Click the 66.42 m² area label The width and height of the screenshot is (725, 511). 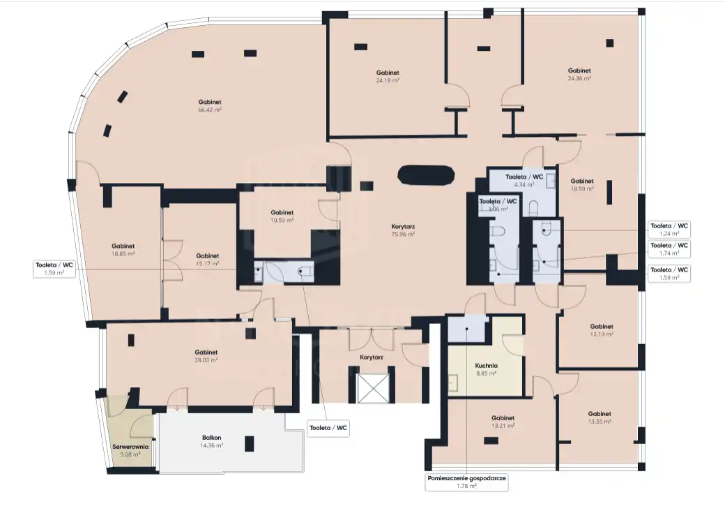pyautogui.click(x=209, y=110)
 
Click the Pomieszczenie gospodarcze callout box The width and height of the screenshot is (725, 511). pyautogui.click(x=466, y=482)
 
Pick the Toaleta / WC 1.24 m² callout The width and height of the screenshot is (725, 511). pyautogui.click(x=669, y=230)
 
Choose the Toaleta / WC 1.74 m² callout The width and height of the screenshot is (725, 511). pyautogui.click(x=669, y=249)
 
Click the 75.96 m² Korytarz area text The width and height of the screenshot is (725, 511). pyautogui.click(x=403, y=235)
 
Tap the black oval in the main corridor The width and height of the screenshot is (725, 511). pyautogui.click(x=426, y=175)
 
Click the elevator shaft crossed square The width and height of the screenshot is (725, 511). pyautogui.click(x=372, y=388)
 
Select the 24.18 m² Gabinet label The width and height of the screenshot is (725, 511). pyautogui.click(x=388, y=76)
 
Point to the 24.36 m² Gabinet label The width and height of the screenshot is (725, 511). pyautogui.click(x=579, y=75)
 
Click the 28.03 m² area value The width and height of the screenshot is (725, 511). pyautogui.click(x=206, y=360)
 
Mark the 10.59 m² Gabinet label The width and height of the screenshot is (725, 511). pyautogui.click(x=282, y=216)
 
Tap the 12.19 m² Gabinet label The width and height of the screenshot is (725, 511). pyautogui.click(x=602, y=330)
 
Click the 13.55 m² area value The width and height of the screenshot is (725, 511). pyautogui.click(x=600, y=422)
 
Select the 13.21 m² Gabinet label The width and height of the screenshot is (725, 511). pyautogui.click(x=503, y=422)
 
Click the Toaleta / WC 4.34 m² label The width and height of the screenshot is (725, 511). pyautogui.click(x=524, y=181)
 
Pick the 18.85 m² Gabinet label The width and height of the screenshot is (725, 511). pyautogui.click(x=123, y=250)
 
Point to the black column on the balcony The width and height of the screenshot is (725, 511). pyautogui.click(x=250, y=444)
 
